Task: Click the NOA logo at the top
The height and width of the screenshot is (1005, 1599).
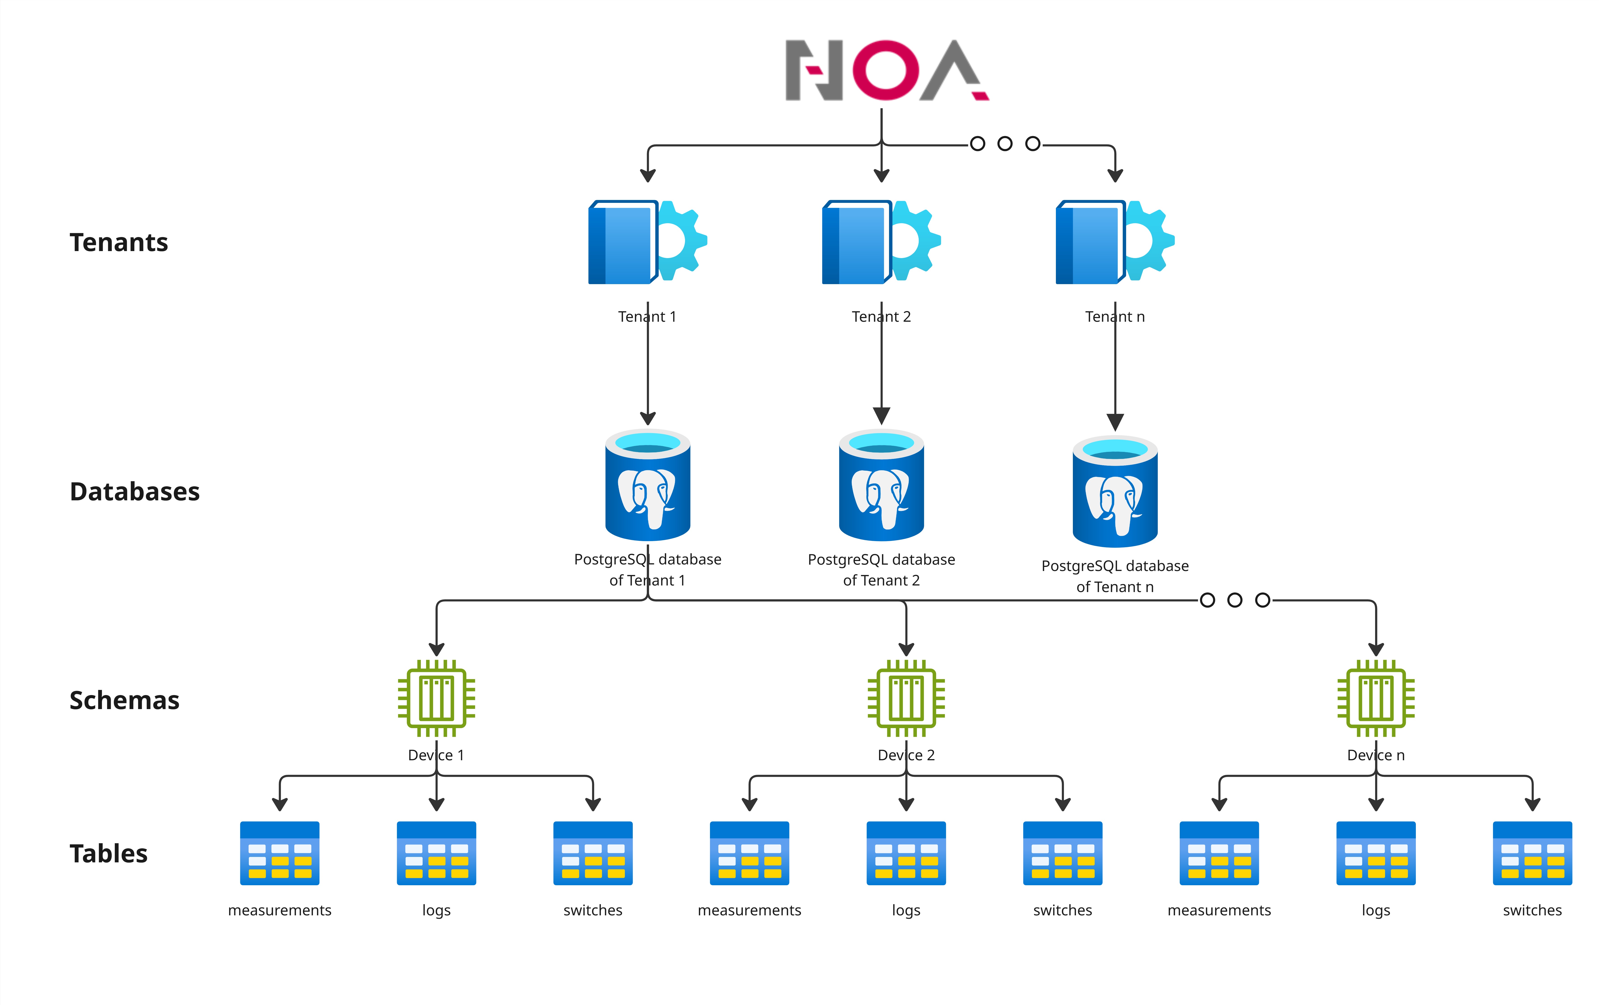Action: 887,70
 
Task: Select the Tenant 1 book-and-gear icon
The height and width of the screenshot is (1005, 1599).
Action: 647,242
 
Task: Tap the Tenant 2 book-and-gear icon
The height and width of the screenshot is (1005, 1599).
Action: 881,242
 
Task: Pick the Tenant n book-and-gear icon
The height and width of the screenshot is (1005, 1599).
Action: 1115,242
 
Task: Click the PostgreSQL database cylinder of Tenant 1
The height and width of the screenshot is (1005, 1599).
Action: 647,485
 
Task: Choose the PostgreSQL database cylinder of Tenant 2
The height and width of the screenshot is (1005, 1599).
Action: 881,485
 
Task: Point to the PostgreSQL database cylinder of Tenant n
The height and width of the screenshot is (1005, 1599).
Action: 1115,492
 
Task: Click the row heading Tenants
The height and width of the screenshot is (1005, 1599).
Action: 119,242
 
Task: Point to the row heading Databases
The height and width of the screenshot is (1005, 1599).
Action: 135,492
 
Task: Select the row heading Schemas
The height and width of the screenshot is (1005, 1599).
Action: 124,700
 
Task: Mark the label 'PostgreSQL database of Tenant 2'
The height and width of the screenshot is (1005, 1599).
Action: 881,570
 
